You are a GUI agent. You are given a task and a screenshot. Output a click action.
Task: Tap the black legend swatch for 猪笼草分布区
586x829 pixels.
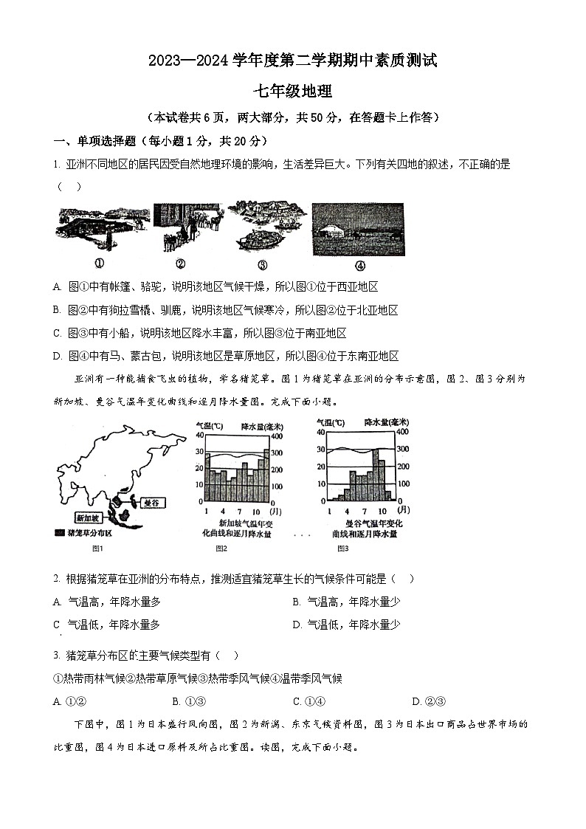59,532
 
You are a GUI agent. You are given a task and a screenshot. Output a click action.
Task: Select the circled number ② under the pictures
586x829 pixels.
179,265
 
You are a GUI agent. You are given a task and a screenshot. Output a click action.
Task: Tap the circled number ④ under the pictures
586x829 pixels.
359,266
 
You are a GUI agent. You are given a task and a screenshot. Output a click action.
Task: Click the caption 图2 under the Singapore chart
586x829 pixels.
221,548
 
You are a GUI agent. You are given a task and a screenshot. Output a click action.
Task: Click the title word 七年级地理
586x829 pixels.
293,92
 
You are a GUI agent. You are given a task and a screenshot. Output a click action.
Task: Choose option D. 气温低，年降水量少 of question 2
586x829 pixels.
346,625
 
